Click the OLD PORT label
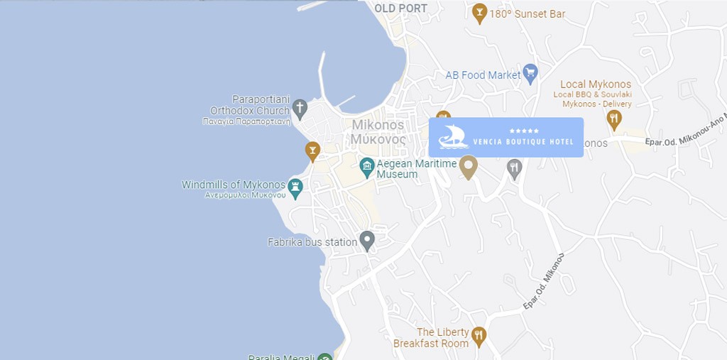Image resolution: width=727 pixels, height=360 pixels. [401, 9]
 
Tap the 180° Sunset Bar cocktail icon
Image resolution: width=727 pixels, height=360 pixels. [480, 12]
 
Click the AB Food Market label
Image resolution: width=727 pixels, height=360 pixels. [483, 75]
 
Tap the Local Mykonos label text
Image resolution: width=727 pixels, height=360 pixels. [596, 84]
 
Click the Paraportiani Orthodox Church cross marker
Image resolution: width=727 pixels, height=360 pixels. [300, 108]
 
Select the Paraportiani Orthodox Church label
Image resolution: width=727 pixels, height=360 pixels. [251, 105]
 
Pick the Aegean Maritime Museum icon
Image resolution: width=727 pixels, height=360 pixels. [367, 168]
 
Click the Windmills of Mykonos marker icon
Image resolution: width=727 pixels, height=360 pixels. [295, 187]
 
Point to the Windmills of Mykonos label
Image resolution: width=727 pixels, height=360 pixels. [233, 185]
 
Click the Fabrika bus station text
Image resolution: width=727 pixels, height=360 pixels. [312, 242]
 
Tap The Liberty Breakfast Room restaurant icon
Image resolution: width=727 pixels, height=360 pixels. [479, 335]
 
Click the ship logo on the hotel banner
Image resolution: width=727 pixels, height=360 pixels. [453, 136]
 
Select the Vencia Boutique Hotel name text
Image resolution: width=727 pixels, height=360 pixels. [523, 142]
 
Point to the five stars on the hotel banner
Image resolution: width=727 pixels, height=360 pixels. [524, 131]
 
